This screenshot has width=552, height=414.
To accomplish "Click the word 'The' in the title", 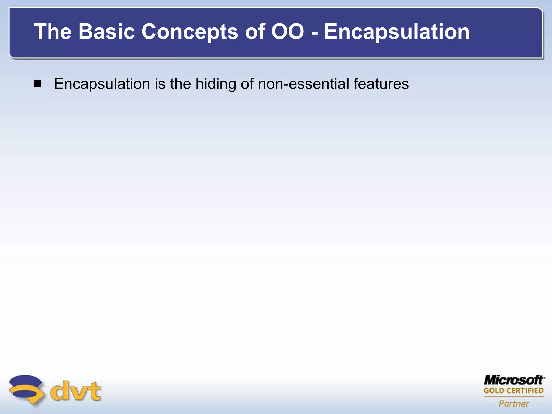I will (x=53, y=32).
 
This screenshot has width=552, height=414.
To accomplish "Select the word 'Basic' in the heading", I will (x=106, y=32).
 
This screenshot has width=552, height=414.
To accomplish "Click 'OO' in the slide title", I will (x=288, y=32).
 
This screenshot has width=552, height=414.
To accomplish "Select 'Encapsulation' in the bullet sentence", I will (x=102, y=84).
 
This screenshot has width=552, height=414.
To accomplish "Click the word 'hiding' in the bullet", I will (x=216, y=84).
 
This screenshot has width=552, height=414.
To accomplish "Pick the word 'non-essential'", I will (x=303, y=84).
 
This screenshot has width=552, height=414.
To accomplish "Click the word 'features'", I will (x=381, y=84).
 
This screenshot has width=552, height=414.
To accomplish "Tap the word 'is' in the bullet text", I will (x=160, y=84).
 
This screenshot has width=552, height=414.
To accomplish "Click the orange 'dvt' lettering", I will (x=76, y=391).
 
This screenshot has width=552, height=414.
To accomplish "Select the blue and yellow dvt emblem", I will (x=26, y=389).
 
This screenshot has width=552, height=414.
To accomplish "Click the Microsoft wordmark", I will (x=514, y=380).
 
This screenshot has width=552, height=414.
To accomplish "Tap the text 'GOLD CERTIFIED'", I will (x=513, y=391).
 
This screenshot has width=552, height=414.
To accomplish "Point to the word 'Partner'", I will (x=514, y=403).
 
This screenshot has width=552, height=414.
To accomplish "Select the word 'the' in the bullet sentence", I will (x=180, y=84).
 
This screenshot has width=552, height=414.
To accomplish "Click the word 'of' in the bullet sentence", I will (x=247, y=84).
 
